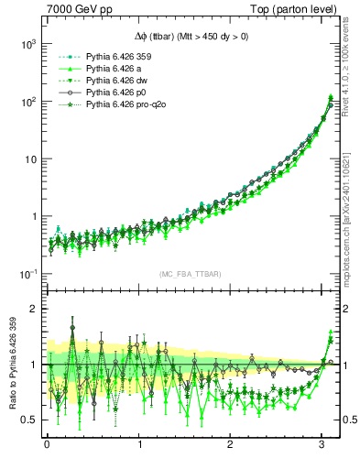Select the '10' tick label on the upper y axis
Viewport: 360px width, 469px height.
pyautogui.click(x=30, y=159)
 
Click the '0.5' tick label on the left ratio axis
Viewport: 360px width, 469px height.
pyautogui.click(x=27, y=420)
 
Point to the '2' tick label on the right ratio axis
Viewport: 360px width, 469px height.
pyautogui.click(x=348, y=309)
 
